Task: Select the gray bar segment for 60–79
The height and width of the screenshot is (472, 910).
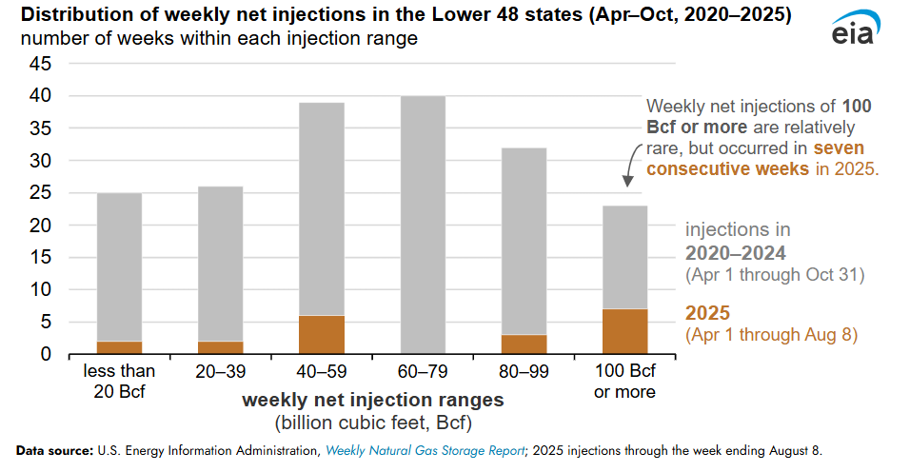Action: (423, 225)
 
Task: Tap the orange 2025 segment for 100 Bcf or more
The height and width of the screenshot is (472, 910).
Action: (624, 331)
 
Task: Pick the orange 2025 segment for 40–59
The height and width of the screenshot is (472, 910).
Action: (322, 335)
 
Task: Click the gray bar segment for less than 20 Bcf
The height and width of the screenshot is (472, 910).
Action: (120, 266)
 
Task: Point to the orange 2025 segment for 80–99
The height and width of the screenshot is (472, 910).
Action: (524, 344)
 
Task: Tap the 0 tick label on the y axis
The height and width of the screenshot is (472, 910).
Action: (44, 355)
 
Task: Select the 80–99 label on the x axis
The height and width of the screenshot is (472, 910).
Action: (524, 371)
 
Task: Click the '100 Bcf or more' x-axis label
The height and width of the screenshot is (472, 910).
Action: (624, 381)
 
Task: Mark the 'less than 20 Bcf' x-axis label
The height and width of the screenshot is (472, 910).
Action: (120, 381)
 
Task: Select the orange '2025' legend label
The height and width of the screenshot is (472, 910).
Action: (708, 312)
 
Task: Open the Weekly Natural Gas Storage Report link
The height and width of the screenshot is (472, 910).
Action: (425, 449)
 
